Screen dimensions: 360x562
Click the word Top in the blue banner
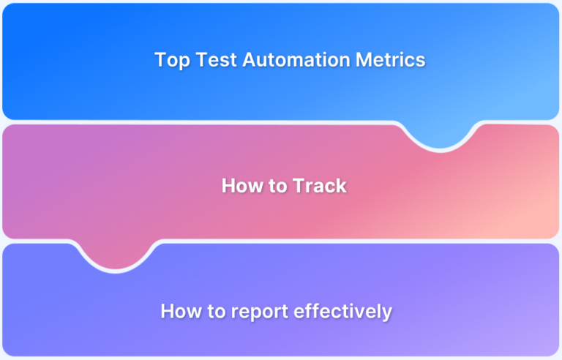coord(171,60)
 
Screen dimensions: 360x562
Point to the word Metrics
coord(391,60)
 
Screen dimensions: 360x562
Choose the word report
coord(258,312)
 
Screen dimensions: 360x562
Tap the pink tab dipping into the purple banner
coord(116,256)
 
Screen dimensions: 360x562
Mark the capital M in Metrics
coord(364,60)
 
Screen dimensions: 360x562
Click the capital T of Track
coord(298,186)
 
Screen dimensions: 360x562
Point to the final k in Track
coord(341,186)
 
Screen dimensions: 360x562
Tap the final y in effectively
coord(387,313)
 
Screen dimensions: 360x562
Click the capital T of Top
coord(160,60)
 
